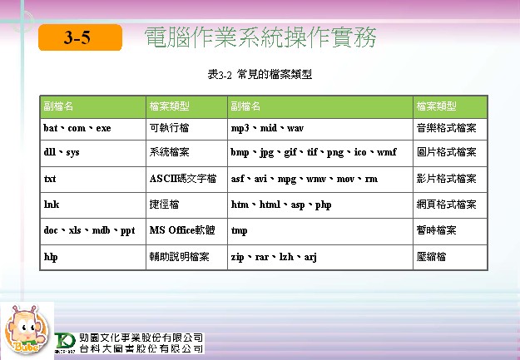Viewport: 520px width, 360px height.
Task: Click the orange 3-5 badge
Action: (x=80, y=37)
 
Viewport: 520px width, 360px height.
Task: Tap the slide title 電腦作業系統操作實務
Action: (x=260, y=37)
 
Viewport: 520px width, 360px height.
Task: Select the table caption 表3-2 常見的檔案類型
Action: (x=260, y=74)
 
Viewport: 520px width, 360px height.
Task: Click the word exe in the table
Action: (x=103, y=128)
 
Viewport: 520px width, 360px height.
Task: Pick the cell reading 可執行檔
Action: (x=169, y=128)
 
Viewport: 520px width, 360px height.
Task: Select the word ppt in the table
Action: (x=127, y=231)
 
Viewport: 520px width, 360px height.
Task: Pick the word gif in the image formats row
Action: (x=290, y=152)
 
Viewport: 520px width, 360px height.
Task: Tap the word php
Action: (x=323, y=205)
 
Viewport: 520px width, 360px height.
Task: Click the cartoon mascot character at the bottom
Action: (x=26, y=329)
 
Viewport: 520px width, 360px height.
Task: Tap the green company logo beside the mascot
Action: (x=65, y=343)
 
